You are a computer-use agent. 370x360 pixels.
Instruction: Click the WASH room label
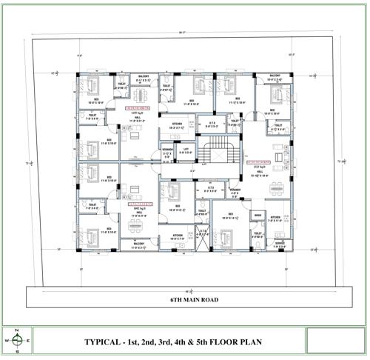click(x=258, y=216)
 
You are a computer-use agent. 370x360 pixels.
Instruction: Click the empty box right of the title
click(x=330, y=340)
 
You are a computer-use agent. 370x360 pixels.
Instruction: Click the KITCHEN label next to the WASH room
click(x=275, y=218)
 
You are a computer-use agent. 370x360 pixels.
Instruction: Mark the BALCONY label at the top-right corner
click(x=275, y=76)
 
